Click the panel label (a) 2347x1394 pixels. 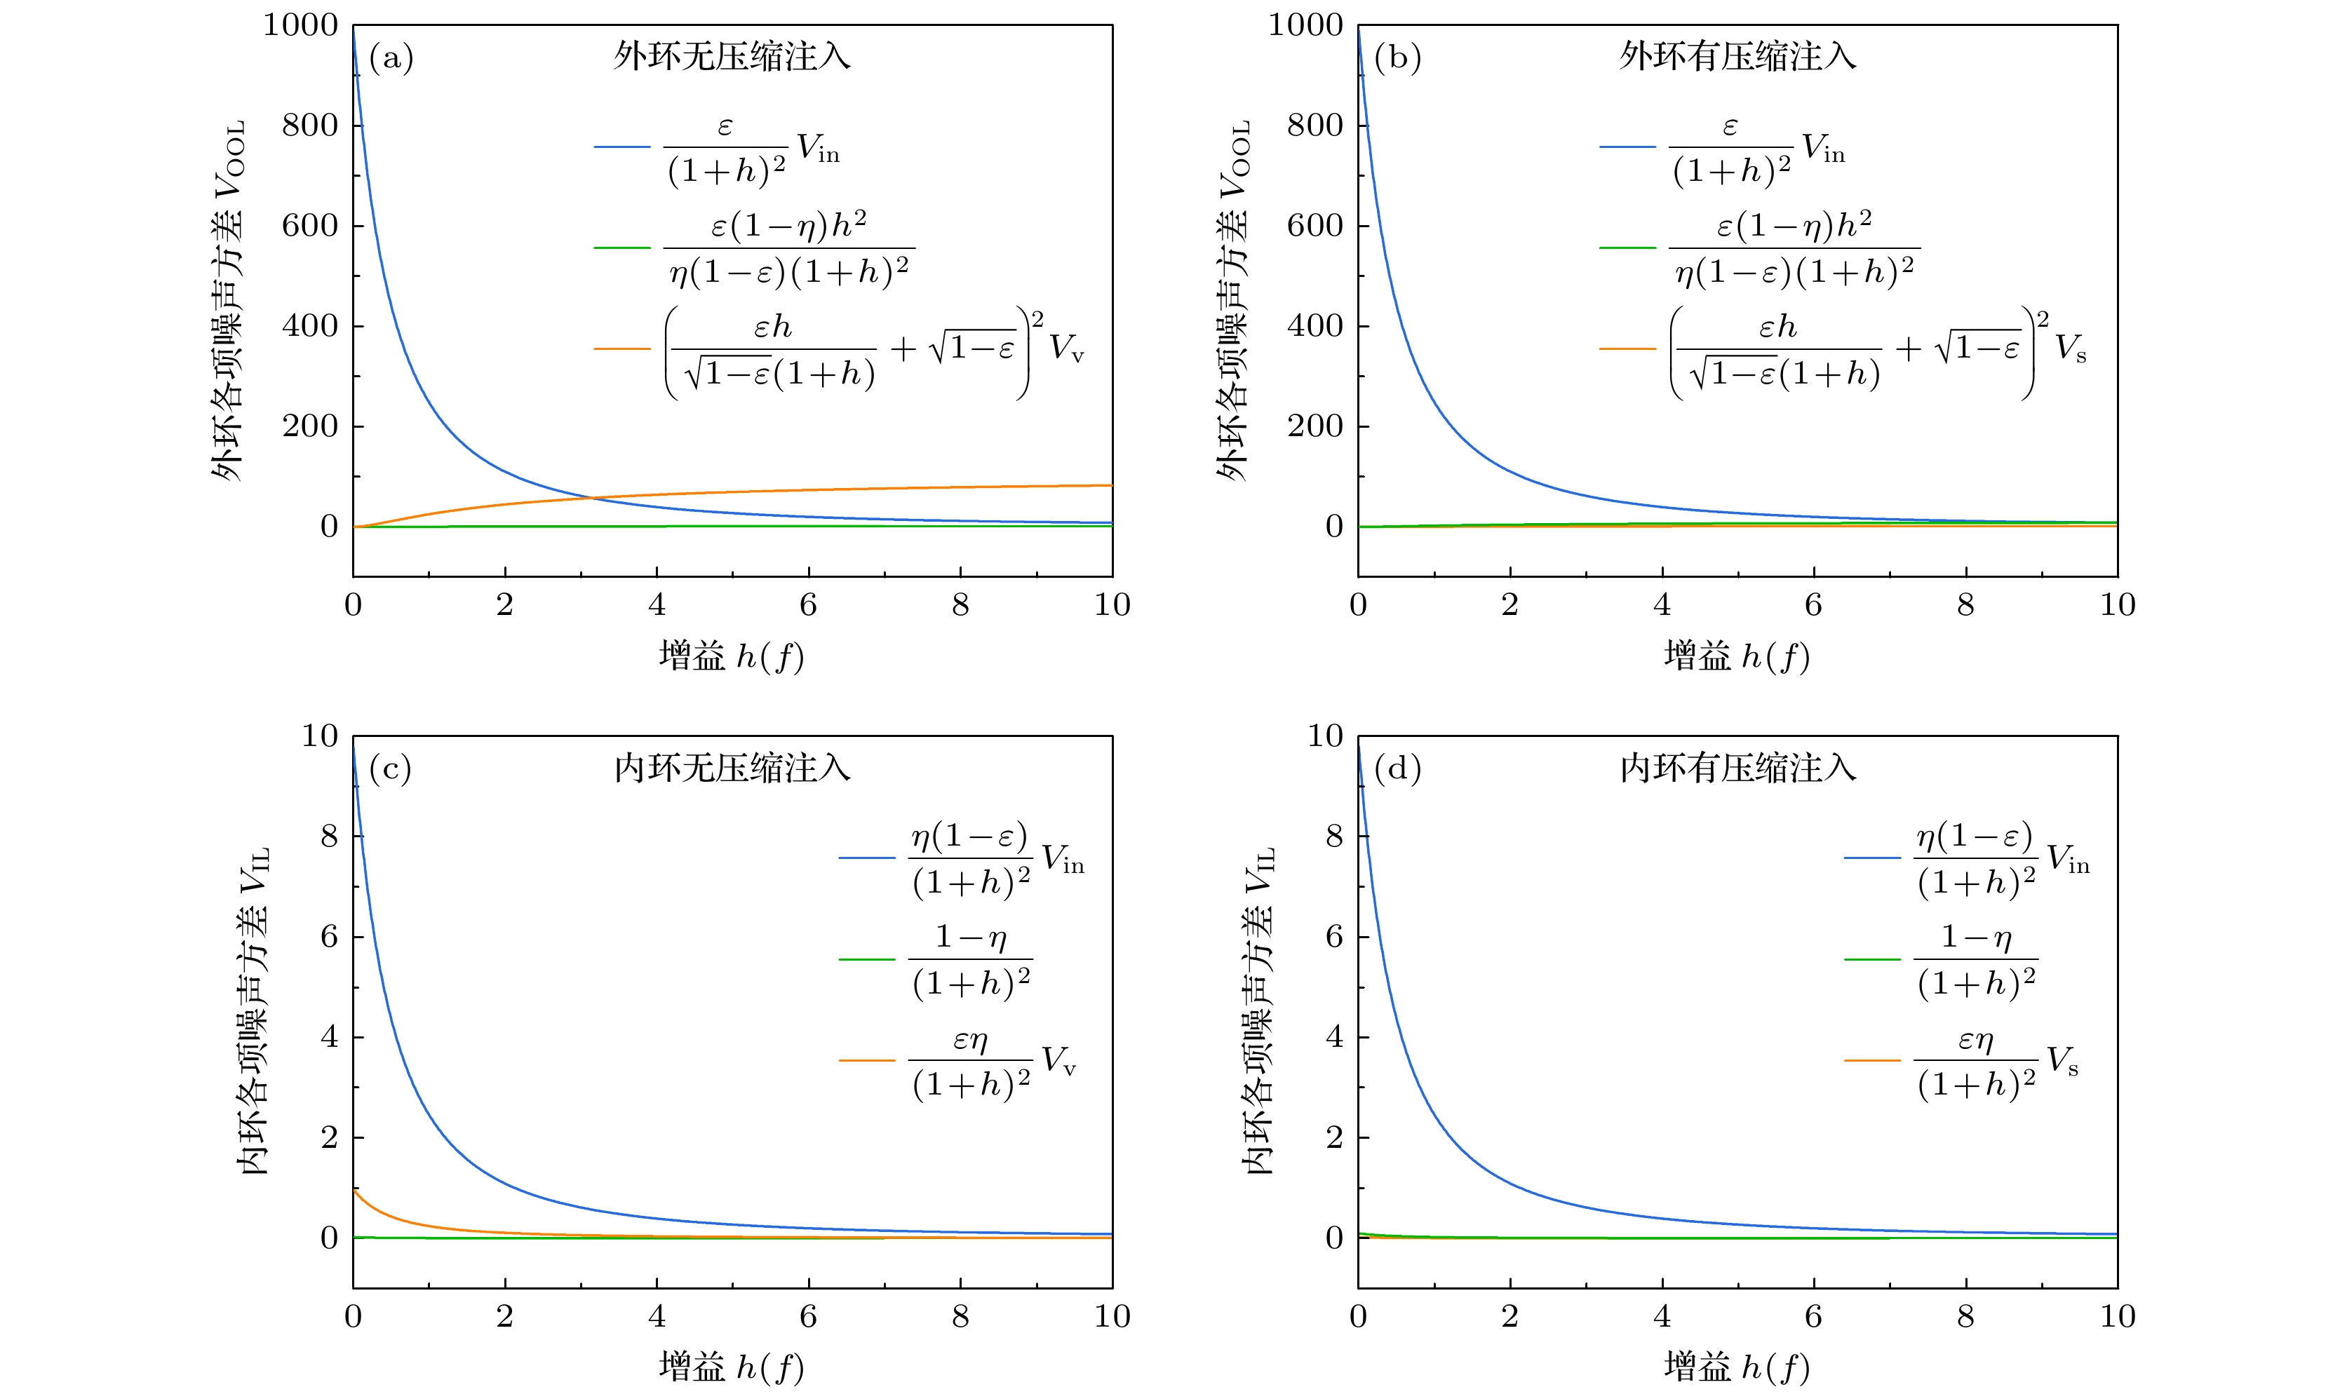(x=391, y=58)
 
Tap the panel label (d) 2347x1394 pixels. (x=1397, y=769)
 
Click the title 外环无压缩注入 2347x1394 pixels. (x=732, y=56)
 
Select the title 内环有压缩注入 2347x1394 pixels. (x=1737, y=769)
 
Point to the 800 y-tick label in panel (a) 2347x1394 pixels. (x=309, y=125)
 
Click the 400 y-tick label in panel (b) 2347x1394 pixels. (x=1314, y=326)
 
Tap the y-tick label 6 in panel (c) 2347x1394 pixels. (x=329, y=937)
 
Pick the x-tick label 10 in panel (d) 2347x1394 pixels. (x=2117, y=1316)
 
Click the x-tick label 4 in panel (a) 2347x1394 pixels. (x=657, y=605)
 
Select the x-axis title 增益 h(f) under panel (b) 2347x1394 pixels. (x=1736, y=656)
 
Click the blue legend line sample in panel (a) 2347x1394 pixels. (x=622, y=147)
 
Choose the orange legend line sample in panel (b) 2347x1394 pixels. (x=1627, y=348)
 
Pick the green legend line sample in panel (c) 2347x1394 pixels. (x=866, y=959)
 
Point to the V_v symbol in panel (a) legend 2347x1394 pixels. (x=1066, y=348)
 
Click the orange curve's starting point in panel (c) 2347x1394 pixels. (x=354, y=1189)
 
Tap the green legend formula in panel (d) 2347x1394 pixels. (x=1976, y=959)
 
